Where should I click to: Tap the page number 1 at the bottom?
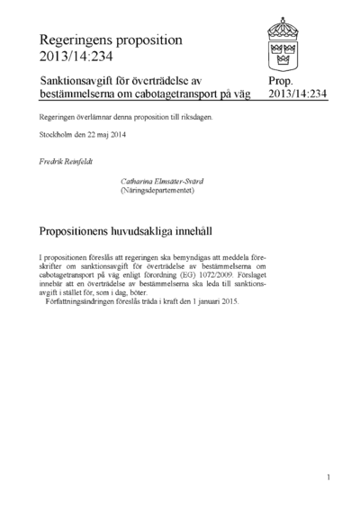[x=329, y=477]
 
